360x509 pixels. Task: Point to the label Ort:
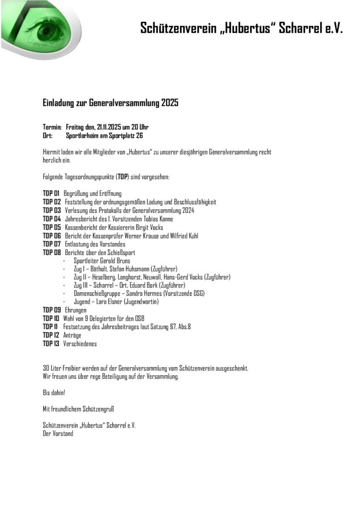pyautogui.click(x=48, y=135)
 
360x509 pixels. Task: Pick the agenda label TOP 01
pyautogui.click(x=51, y=193)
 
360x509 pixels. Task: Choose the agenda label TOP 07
pyautogui.click(x=52, y=244)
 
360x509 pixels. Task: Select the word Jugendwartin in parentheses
pyautogui.click(x=139, y=302)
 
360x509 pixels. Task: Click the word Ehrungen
pyautogui.click(x=76, y=310)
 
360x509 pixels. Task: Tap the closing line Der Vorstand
pyautogui.click(x=58, y=433)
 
